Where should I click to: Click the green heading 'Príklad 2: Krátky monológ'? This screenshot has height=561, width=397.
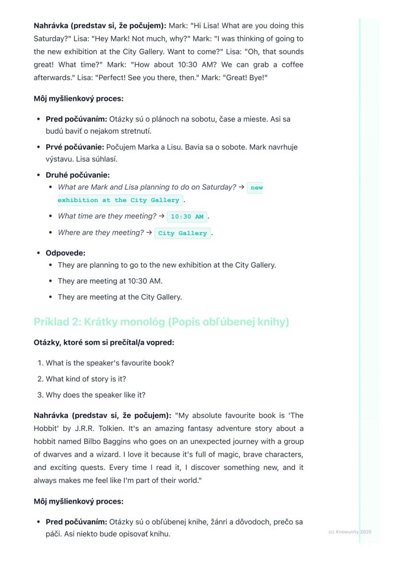point(161,322)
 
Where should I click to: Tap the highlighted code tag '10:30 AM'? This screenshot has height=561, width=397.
point(187,217)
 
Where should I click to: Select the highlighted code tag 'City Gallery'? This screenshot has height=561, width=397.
point(182,233)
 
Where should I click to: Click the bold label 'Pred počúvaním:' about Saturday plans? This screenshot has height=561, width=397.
point(76,119)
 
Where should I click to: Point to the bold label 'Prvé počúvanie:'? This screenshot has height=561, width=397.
point(74,147)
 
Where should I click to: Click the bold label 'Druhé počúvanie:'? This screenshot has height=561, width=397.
point(78,175)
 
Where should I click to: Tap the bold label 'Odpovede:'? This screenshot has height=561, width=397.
point(65,253)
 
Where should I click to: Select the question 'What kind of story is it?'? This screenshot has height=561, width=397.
point(86,379)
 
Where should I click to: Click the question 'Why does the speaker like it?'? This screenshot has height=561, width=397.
point(95,395)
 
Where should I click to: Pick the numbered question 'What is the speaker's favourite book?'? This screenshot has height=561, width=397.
point(110,363)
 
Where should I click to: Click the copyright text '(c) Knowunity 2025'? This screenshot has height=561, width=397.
point(350,532)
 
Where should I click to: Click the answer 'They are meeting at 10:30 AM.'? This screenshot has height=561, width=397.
point(110,281)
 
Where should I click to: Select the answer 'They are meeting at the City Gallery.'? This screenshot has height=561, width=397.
point(120,297)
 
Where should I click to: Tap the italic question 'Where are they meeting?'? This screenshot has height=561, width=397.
point(101,233)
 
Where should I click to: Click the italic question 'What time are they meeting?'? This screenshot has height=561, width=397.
point(107,216)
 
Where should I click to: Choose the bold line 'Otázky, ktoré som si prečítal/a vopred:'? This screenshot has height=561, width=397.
point(104,343)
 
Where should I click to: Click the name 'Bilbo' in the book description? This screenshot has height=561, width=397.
point(111,441)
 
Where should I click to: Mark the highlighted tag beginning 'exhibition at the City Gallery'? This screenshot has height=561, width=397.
point(118,200)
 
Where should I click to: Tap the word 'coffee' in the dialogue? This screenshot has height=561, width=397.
point(292,64)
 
